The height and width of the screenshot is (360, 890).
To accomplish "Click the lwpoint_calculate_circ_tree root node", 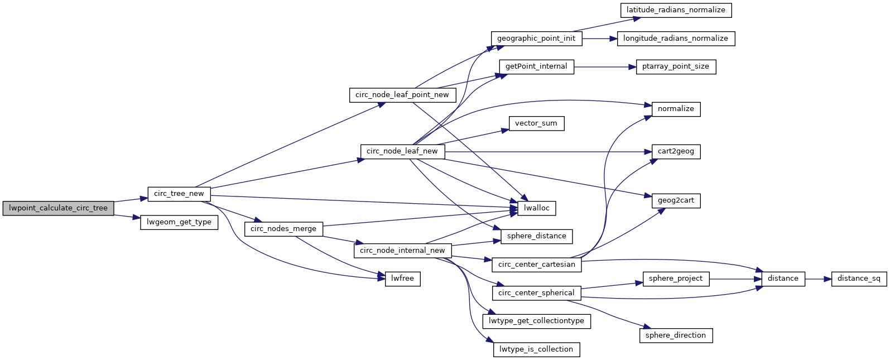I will (58, 208).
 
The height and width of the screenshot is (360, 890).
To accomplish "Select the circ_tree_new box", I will (179, 194).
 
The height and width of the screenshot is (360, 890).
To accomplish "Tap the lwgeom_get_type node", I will (179, 222).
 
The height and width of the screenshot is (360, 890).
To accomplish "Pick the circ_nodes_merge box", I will (283, 229).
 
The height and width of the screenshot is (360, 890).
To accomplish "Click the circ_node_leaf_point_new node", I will (402, 95).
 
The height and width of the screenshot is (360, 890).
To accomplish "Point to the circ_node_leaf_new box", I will (402, 151).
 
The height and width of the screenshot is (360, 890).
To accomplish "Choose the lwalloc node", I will (537, 208).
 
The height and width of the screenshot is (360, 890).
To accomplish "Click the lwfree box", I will (402, 279).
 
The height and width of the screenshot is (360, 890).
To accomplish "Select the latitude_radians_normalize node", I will (676, 10).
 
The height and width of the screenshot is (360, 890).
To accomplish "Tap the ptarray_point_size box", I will (676, 66).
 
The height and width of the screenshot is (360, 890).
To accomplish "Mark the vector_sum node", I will (536, 123).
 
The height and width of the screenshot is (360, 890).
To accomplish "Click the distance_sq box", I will (859, 279).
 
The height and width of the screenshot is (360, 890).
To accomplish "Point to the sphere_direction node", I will (676, 335).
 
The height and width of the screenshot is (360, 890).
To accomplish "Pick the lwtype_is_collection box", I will (536, 349).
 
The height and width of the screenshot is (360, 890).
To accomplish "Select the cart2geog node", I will (676, 151).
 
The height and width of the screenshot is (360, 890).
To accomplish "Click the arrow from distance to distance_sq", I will (818, 279).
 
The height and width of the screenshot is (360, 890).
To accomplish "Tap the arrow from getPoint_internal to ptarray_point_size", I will (605, 67).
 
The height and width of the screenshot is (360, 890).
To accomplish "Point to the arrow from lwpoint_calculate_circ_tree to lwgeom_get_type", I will (127, 217).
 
